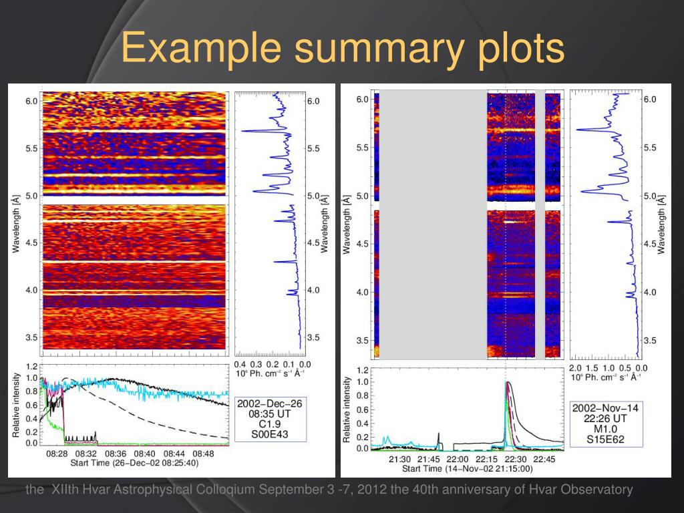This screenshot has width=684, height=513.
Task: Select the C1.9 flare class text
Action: pos(271,423)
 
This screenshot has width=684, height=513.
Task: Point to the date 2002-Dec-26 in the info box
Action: pos(271,403)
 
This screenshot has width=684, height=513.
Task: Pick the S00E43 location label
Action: pos(271,433)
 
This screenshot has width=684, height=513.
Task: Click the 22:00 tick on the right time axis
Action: pos(458,459)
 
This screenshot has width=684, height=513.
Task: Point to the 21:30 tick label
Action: pos(399,459)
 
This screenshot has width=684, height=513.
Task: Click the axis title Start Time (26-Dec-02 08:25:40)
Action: pos(134,462)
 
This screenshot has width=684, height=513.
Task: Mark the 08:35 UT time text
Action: pos(271,413)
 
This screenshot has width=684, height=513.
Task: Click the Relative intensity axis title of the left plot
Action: pos(15,406)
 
